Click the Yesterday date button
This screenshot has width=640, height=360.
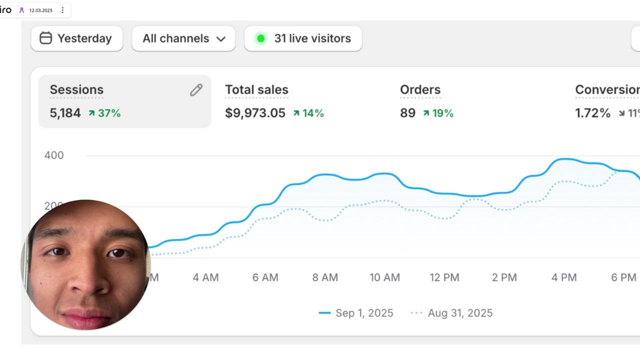pyautogui.click(x=76, y=38)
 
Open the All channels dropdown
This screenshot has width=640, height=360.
pyautogui.click(x=183, y=38)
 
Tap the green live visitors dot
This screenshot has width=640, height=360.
pyautogui.click(x=260, y=38)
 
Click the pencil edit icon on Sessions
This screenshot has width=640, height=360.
pyautogui.click(x=196, y=90)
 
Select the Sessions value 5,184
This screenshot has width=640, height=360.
pyautogui.click(x=65, y=113)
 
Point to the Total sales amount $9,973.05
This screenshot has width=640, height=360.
pyautogui.click(x=255, y=113)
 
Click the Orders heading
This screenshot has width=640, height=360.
pyautogui.click(x=420, y=90)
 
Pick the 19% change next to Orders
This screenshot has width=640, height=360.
pyautogui.click(x=438, y=113)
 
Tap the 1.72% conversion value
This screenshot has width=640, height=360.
pyautogui.click(x=592, y=113)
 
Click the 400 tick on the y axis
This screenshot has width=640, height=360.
pyautogui.click(x=54, y=155)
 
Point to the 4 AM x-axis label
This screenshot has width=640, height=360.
pyautogui.click(x=205, y=277)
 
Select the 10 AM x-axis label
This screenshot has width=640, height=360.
pyautogui.click(x=384, y=277)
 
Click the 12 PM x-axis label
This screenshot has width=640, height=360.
pyautogui.click(x=444, y=277)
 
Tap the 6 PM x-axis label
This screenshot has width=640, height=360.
pyautogui.click(x=623, y=277)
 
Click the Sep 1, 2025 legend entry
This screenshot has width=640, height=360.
pyautogui.click(x=356, y=313)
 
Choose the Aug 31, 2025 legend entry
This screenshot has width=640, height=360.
pyautogui.click(x=452, y=313)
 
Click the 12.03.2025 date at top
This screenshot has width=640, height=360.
pyautogui.click(x=40, y=10)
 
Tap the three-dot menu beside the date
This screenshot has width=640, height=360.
pyautogui.click(x=62, y=10)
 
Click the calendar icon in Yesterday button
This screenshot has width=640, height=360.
pyautogui.click(x=45, y=38)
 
